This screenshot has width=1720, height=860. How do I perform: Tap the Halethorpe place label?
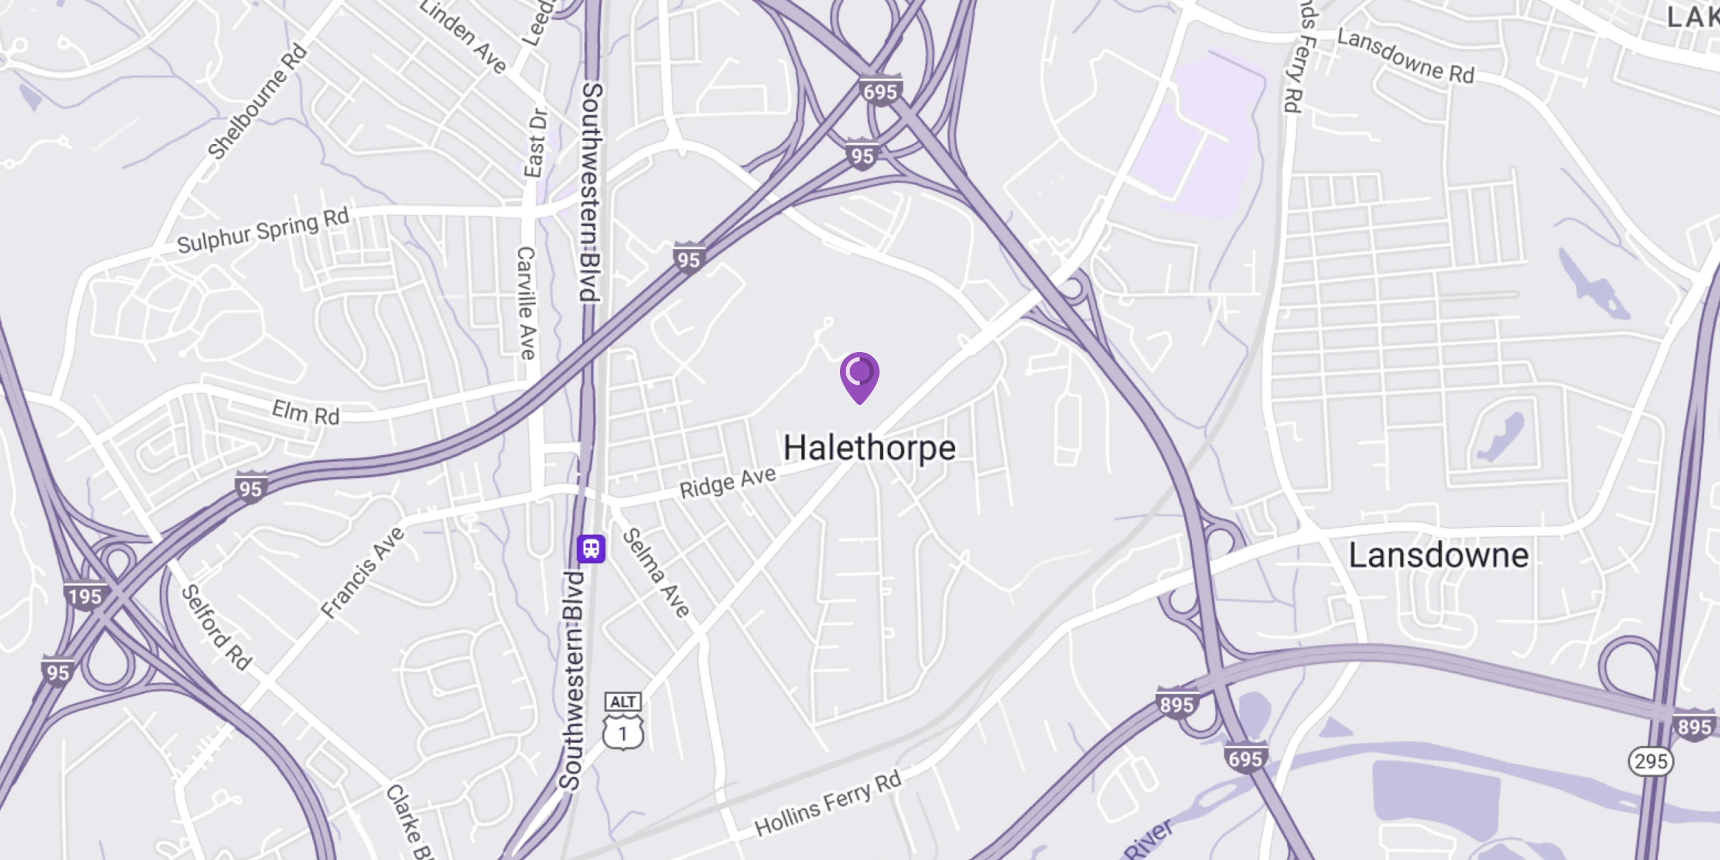click(869, 448)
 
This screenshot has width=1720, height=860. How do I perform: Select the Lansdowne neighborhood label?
click(1438, 556)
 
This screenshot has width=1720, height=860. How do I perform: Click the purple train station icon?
click(591, 549)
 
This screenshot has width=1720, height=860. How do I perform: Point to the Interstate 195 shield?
click(85, 596)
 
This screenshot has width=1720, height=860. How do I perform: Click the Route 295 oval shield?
click(1651, 761)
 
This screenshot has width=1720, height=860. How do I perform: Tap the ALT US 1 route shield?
click(623, 722)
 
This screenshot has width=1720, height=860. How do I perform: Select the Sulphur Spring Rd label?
click(263, 231)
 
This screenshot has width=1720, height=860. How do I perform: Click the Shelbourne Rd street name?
click(257, 102)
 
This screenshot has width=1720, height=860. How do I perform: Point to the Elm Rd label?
click(306, 413)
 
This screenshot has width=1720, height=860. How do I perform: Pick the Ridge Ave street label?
click(728, 482)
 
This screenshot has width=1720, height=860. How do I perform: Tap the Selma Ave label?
click(656, 573)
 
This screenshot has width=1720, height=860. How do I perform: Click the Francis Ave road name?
click(362, 572)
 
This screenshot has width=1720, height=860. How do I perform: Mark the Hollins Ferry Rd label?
click(828, 803)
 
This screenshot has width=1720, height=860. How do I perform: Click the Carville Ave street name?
click(527, 303)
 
